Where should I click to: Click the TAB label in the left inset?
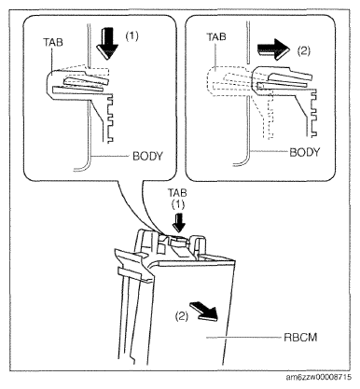point(53,42)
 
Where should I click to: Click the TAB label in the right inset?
point(216,37)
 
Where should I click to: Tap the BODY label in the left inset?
point(147,156)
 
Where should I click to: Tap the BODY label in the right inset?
point(305,152)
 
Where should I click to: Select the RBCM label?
point(300,338)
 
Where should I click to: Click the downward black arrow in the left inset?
point(107,43)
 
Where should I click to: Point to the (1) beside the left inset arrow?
point(132,36)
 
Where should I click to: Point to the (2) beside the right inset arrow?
point(304,50)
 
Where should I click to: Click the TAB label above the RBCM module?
point(177,193)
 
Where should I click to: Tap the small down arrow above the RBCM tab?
point(178,223)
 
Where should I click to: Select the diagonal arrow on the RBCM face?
point(204,311)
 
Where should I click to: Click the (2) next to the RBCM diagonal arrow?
point(182,316)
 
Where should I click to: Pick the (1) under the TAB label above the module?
point(178,204)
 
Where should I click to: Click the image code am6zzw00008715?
point(319,377)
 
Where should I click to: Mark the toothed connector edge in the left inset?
point(110,118)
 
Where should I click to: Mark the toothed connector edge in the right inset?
point(313,113)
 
